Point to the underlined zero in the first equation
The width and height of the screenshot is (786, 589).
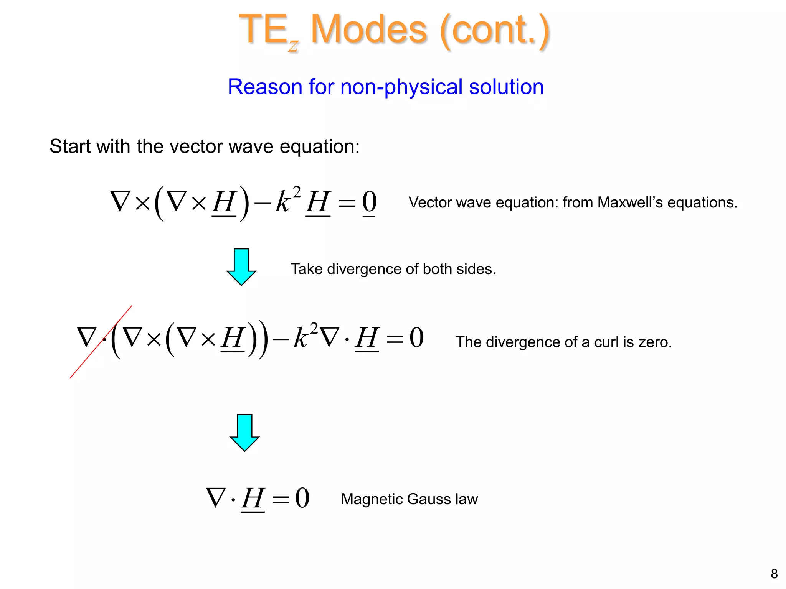[369, 202]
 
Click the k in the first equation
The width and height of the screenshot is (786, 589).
[283, 202]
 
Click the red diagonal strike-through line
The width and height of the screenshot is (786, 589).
[101, 342]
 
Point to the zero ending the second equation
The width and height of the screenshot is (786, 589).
[416, 338]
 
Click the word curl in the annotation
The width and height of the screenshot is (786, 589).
[605, 342]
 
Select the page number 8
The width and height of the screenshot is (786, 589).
[774, 574]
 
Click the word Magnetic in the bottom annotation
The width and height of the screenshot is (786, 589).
[372, 499]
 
